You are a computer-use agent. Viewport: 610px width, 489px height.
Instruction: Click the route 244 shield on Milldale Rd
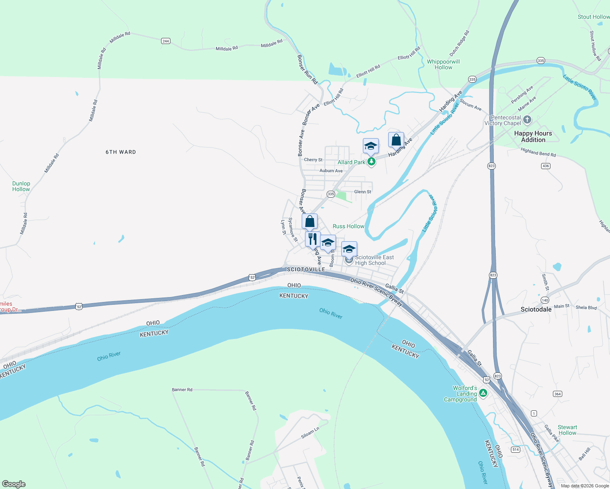(x=166, y=41)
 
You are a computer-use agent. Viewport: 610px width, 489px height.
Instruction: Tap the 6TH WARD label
(x=121, y=152)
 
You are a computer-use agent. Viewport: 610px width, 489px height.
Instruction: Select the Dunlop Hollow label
(x=21, y=186)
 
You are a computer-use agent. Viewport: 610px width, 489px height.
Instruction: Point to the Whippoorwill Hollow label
(x=443, y=64)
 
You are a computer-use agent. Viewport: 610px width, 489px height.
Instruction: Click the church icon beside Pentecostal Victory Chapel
(x=527, y=120)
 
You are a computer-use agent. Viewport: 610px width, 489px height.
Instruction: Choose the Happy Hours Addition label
(x=533, y=137)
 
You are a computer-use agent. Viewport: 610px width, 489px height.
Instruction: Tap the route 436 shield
(x=546, y=166)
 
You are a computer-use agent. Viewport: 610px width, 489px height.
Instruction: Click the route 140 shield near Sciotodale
(x=545, y=300)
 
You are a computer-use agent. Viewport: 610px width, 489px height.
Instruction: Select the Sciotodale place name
(x=536, y=309)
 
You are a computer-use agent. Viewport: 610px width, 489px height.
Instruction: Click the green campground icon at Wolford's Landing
(x=483, y=393)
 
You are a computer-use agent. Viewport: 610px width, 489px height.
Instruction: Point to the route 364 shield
(x=557, y=394)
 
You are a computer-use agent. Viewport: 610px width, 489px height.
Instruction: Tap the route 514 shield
(x=516, y=449)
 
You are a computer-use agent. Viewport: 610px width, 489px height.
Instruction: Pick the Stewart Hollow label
(x=567, y=430)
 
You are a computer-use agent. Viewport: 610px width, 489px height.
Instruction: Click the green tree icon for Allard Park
(x=371, y=162)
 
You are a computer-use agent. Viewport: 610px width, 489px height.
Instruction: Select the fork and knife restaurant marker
(x=313, y=239)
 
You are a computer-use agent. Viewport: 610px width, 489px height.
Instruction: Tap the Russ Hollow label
(x=348, y=226)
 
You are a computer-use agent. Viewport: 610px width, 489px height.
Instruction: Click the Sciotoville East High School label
(x=374, y=260)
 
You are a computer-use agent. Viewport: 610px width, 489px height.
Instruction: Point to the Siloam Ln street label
(x=310, y=432)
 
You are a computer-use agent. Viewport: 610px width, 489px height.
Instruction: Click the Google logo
(x=13, y=484)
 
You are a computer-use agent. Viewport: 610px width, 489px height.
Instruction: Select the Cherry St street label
(x=313, y=160)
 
